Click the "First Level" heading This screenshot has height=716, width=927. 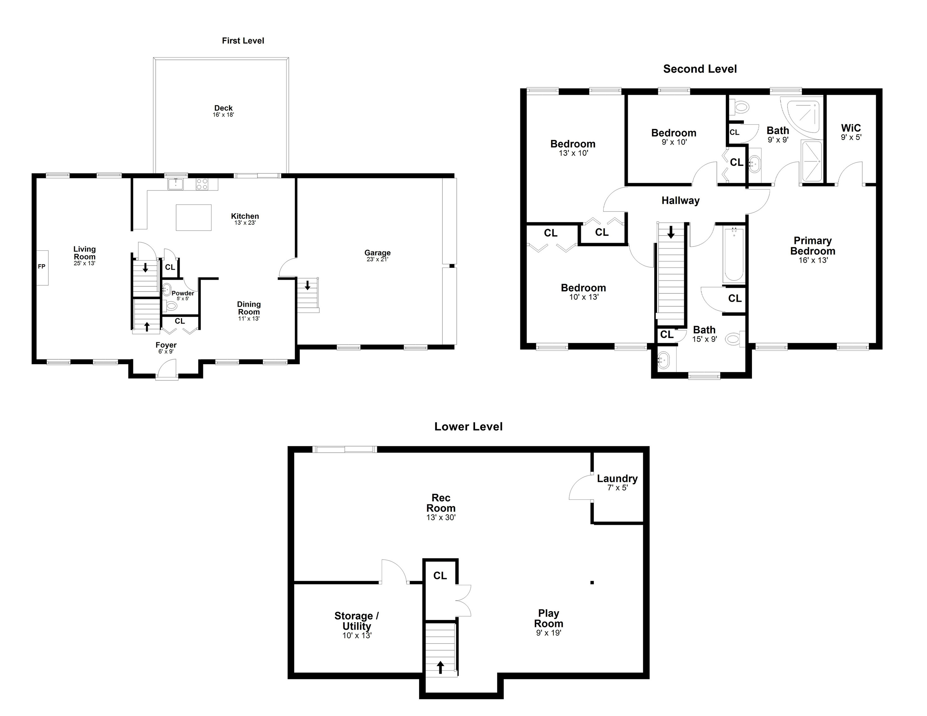243,41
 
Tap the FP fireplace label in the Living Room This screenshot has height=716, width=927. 42,267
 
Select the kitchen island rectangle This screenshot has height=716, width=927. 194,217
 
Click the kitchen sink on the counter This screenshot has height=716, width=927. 175,184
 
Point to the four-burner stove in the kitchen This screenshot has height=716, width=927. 202,184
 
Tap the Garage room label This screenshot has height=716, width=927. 377,253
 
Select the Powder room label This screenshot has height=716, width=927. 183,293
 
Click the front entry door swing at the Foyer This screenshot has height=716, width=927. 167,368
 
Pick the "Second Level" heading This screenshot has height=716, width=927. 700,69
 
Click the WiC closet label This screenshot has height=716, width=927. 851,128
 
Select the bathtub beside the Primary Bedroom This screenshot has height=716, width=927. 734,255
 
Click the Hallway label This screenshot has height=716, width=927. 680,200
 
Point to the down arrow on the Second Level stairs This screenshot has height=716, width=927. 671,232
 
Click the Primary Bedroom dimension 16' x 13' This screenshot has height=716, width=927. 813,260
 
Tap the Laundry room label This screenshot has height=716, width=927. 617,479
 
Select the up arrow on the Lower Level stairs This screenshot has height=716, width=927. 440,668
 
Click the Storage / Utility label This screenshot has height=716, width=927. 357,621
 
